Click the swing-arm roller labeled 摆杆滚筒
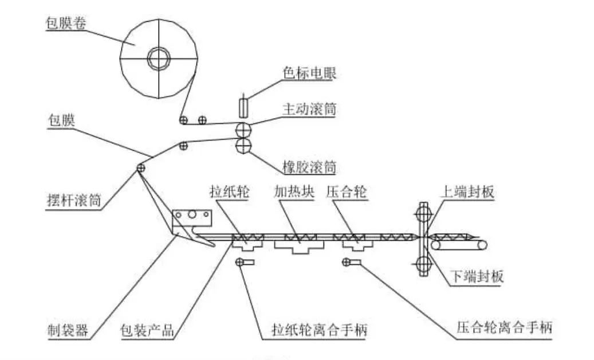(140, 168)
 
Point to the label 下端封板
(479, 277)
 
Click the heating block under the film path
(299, 247)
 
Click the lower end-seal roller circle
(424, 264)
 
